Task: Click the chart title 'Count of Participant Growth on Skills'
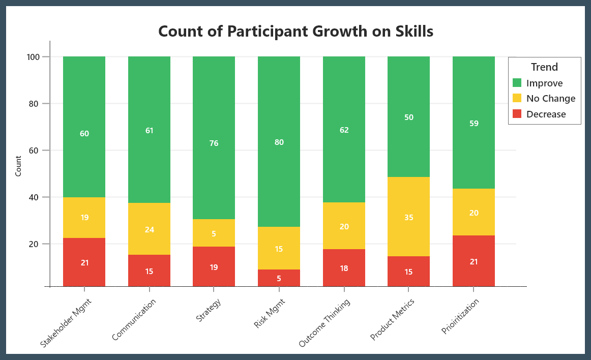pos(295,32)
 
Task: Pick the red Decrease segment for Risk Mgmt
pos(279,278)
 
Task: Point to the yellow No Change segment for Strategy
pos(214,233)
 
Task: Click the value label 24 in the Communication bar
pos(149,229)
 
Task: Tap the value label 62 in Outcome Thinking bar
pos(344,130)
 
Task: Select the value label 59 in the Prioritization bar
pos(474,123)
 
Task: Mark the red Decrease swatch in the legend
pos(517,114)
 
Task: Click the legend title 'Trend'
pos(544,67)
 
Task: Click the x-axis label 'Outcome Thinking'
pos(325,323)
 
